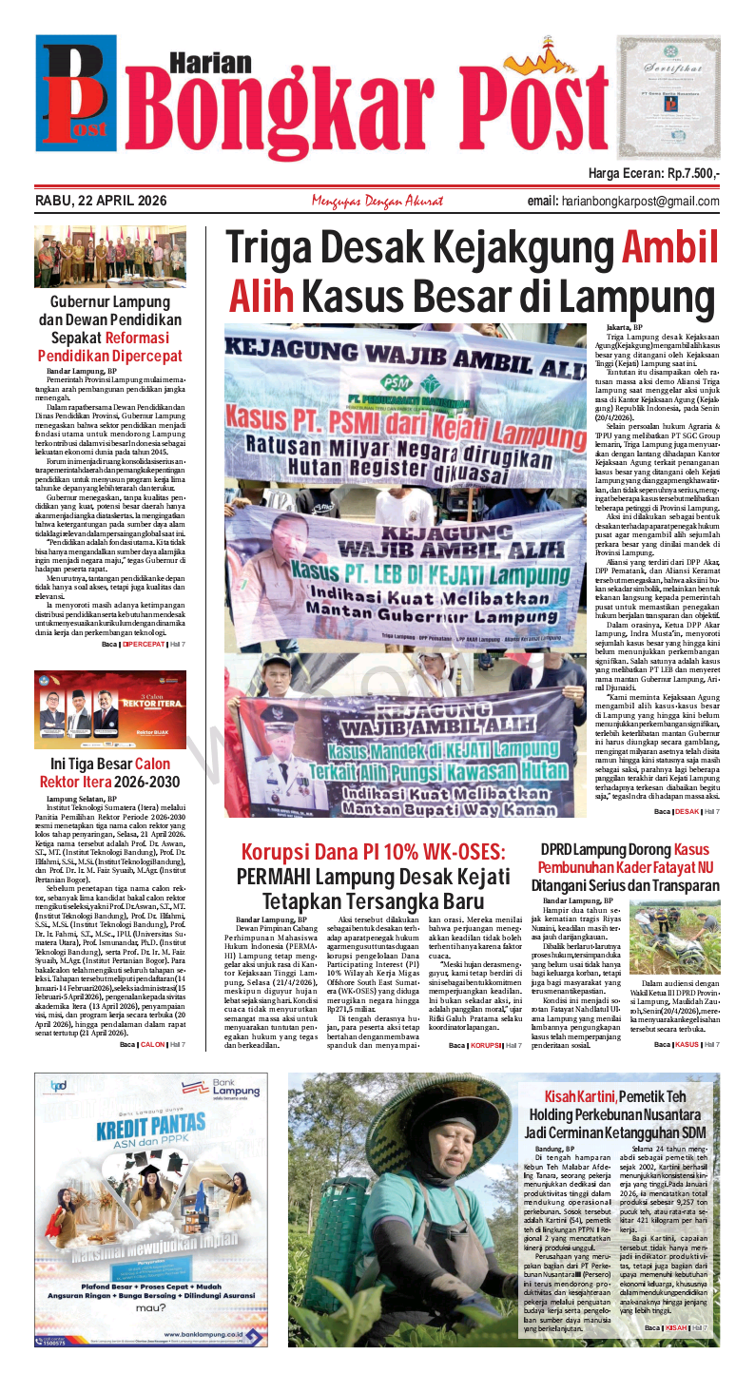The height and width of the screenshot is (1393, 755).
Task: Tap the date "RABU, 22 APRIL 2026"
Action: pos(101,201)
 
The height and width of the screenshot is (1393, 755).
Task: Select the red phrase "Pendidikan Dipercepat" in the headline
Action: pos(109,356)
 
